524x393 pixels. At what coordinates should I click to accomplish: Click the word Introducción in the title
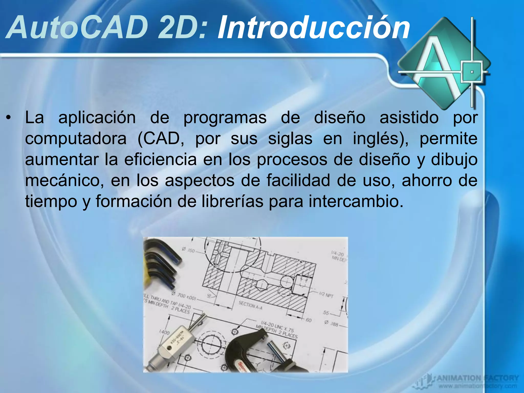[313, 28]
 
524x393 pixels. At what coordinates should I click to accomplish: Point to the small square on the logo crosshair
[472, 72]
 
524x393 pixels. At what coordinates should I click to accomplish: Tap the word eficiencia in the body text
[160, 160]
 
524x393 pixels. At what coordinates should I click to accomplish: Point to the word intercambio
[356, 202]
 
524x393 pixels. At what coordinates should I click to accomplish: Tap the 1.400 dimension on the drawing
[164, 332]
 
